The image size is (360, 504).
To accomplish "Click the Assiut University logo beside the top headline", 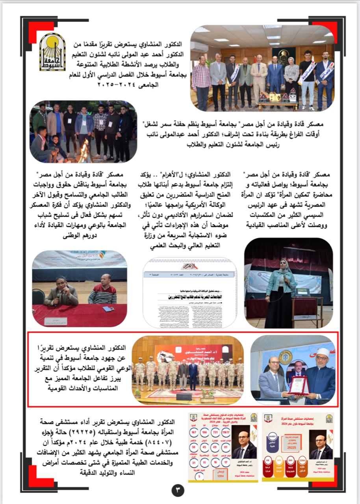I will click(x=53, y=52).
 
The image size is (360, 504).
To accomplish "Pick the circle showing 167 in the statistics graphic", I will click(x=194, y=433).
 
